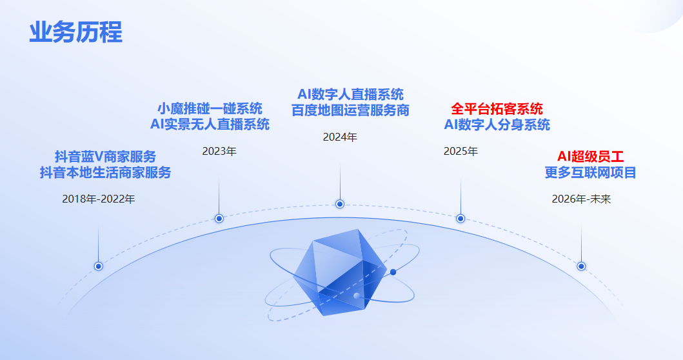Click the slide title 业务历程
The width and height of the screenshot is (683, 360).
pyautogui.click(x=75, y=32)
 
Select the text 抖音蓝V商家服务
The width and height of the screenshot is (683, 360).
pyautogui.click(x=105, y=157)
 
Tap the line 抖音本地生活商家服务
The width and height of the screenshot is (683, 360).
pyautogui.click(x=105, y=173)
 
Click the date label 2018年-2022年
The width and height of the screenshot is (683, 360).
pyautogui.click(x=99, y=199)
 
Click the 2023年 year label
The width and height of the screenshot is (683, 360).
pyautogui.click(x=219, y=152)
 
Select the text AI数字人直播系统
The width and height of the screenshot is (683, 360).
pyautogui.click(x=350, y=94)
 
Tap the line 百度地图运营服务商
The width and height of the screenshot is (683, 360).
pyautogui.click(x=350, y=110)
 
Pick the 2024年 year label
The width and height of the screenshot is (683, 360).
pyautogui.click(x=340, y=137)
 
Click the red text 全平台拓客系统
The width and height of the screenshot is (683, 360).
pyautogui.click(x=497, y=108)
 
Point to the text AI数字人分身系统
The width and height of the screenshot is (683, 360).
pyautogui.click(x=497, y=125)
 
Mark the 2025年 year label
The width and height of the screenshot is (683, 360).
pyautogui.click(x=460, y=152)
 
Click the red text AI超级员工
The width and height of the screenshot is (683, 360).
pyautogui.click(x=590, y=156)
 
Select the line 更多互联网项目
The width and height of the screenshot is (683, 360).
pyautogui.click(x=590, y=172)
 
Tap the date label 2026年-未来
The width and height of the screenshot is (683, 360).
pyautogui.click(x=581, y=199)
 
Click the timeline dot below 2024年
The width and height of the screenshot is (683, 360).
pyautogui.click(x=340, y=204)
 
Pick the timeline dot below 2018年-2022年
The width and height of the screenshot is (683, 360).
pyautogui.click(x=99, y=266)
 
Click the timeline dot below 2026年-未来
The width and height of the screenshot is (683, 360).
pyautogui.click(x=581, y=266)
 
